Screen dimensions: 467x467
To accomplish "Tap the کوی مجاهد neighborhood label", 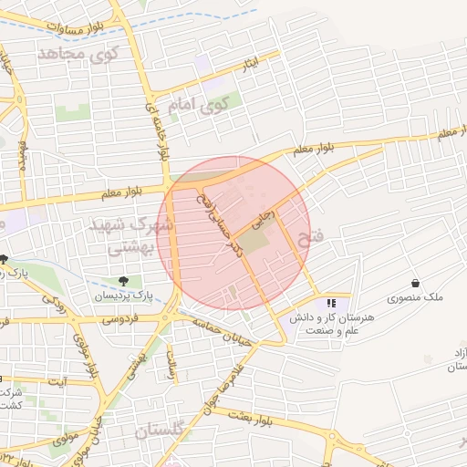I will click(79, 55).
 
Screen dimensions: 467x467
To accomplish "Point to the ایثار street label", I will click(251, 64).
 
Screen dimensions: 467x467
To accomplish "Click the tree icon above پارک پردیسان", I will click(123, 281).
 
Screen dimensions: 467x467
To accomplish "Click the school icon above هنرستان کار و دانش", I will click(330, 302).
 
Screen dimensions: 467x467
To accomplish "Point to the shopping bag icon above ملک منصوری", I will click(415, 283).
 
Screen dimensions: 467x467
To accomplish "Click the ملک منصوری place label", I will click(415, 298).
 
